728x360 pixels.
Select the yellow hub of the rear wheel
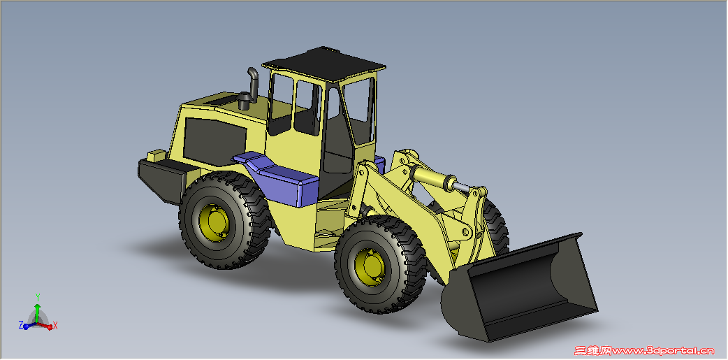point(216,222)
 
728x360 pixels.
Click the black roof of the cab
point(324,62)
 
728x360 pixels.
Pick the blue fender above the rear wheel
point(279,177)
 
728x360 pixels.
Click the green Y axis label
point(38,296)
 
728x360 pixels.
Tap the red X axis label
point(55,326)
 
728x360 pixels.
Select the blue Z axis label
point(21,324)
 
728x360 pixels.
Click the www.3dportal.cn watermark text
point(664,350)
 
